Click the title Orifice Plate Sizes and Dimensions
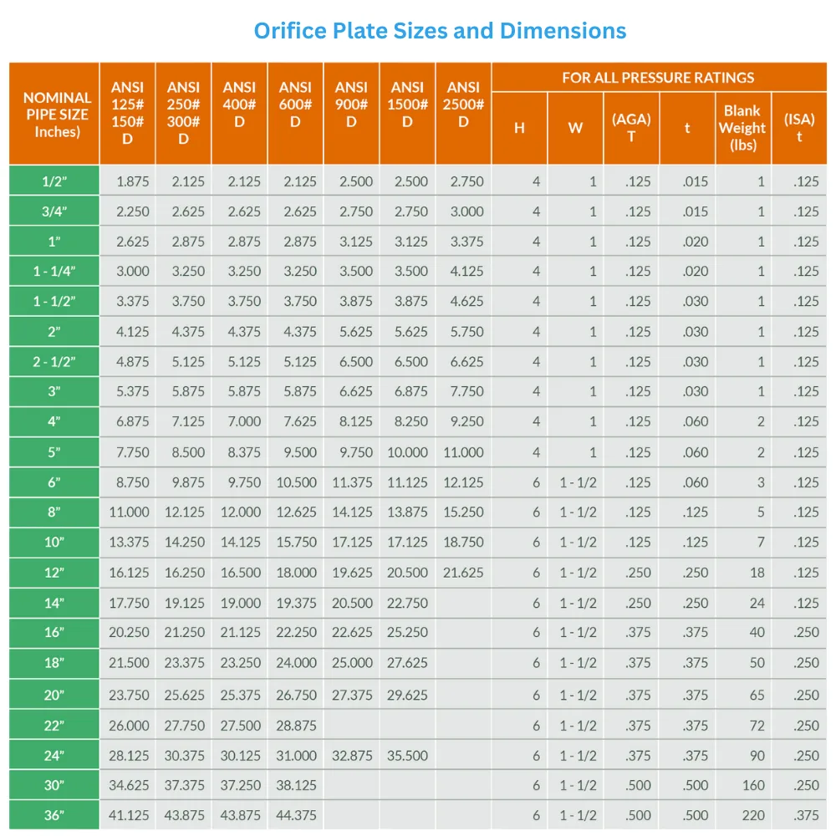point(440,31)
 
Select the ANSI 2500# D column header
point(463,113)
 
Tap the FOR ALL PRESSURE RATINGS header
point(658,78)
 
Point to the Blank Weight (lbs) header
point(742,128)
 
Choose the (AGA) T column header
point(631,128)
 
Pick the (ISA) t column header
point(799,128)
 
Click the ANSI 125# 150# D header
point(127,113)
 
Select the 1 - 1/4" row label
point(54,272)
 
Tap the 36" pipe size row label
point(54,815)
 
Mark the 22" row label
point(54,725)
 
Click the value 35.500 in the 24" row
point(407,756)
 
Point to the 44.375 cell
point(296,815)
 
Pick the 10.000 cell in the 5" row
point(406,452)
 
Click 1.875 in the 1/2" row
point(133,181)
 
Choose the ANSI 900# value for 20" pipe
point(352,695)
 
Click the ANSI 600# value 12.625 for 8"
point(296,512)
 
